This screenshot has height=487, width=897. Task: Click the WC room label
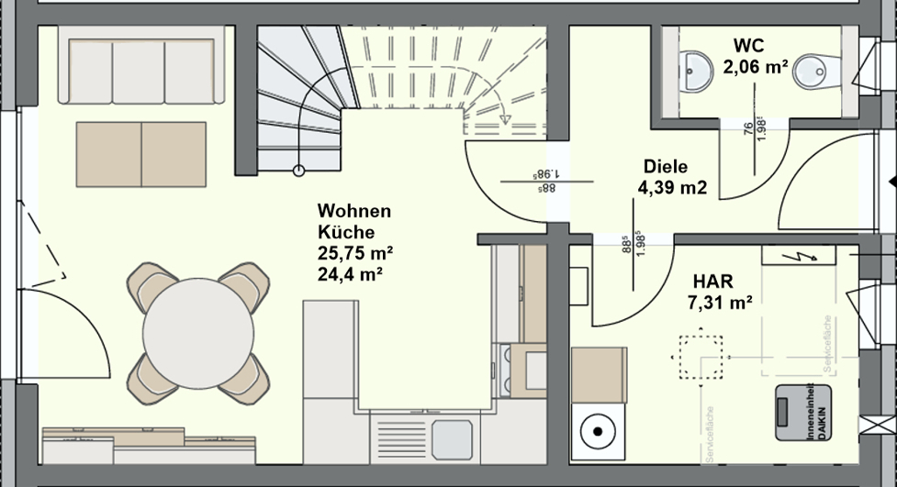click(x=748, y=45)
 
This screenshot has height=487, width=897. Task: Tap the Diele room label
click(x=665, y=168)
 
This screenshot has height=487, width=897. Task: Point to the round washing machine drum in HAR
click(x=599, y=430)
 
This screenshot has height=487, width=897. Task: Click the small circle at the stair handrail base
click(x=298, y=170)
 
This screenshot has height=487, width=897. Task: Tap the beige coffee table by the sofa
click(x=141, y=154)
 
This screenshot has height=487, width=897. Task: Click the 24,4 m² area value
click(x=350, y=272)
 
